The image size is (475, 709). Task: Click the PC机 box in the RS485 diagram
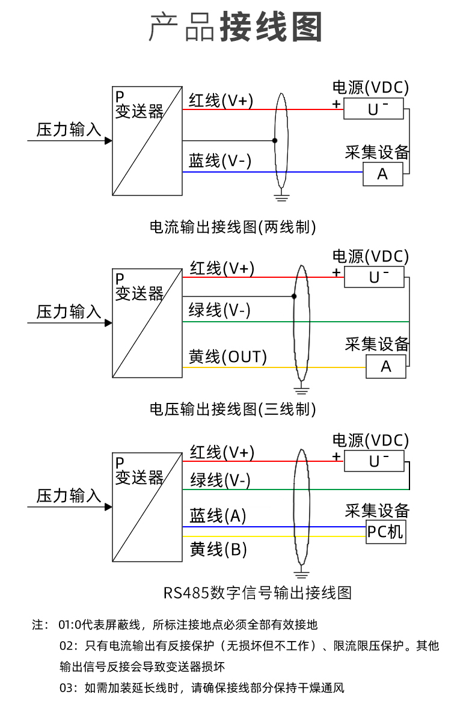click(x=385, y=532)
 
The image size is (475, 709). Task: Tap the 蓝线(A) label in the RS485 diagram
click(x=218, y=515)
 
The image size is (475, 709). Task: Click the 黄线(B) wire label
click(x=218, y=549)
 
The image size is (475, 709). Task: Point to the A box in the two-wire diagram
click(x=382, y=174)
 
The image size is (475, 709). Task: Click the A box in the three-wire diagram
click(x=386, y=366)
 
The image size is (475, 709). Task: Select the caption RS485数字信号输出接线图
click(x=257, y=593)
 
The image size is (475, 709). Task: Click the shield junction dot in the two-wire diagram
click(x=275, y=141)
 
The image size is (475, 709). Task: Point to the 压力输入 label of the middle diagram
click(x=69, y=312)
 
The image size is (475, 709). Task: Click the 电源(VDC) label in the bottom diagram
click(x=370, y=440)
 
